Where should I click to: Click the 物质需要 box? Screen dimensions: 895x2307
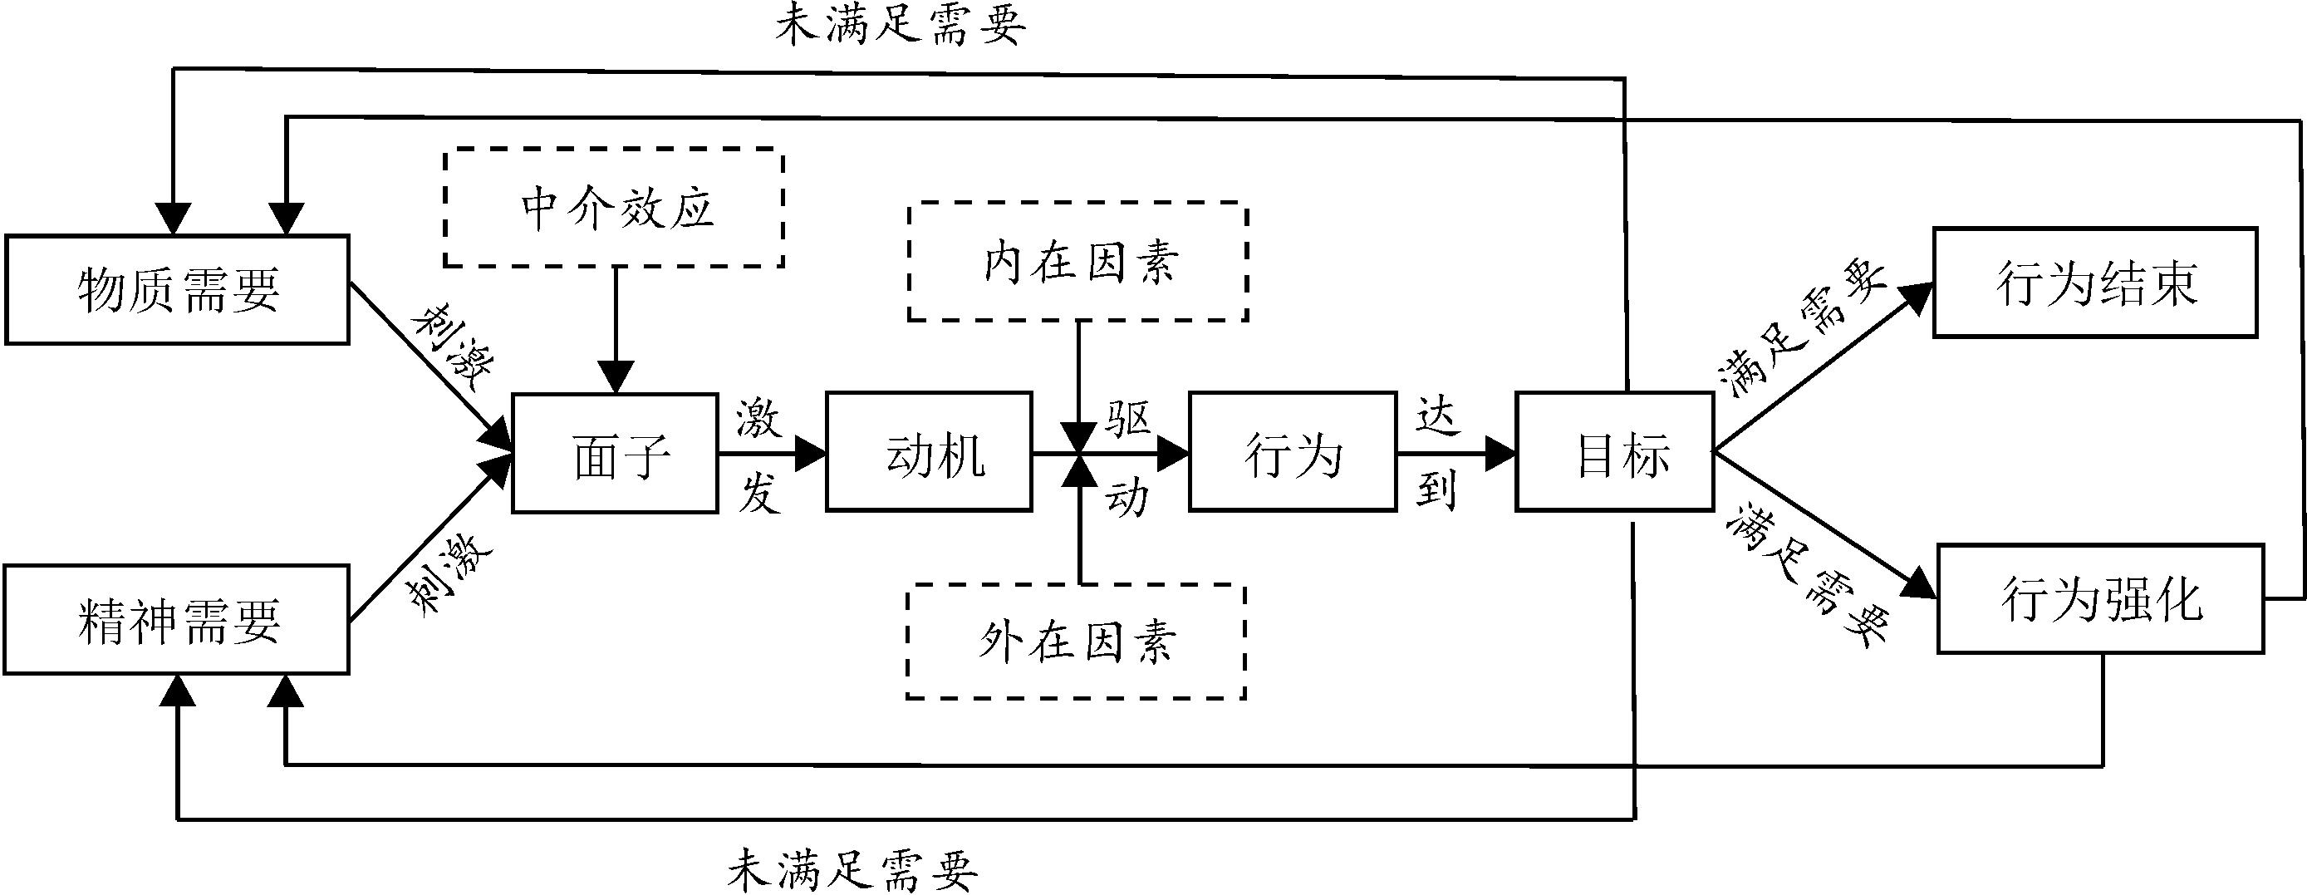(176, 289)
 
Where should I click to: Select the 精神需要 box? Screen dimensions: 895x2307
(176, 619)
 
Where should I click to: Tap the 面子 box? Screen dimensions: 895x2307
(616, 452)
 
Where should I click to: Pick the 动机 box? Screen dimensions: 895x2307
(929, 452)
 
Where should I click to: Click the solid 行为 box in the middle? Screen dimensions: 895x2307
(1293, 452)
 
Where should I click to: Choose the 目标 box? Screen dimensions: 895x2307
(1614, 452)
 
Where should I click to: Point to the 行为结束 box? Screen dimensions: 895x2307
(2095, 283)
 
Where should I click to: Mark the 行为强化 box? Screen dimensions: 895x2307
(2100, 598)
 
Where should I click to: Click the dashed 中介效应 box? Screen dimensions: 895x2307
(615, 208)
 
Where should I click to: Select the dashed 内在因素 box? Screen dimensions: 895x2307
(1078, 262)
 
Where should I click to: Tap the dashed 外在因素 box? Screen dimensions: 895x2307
(1077, 642)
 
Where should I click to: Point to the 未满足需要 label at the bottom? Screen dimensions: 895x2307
(852, 869)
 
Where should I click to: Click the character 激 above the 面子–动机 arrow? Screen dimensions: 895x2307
(758, 418)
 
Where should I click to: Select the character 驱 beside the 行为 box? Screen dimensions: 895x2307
(1127, 417)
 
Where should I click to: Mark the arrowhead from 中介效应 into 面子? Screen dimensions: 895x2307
(616, 377)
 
